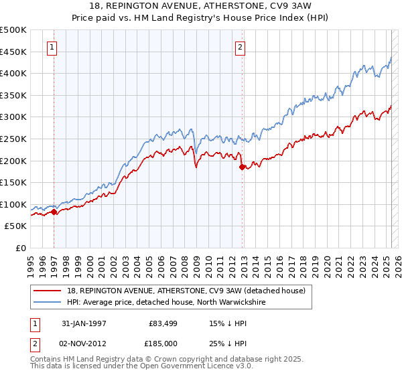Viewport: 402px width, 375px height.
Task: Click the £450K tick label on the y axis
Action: pyautogui.click(x=13, y=52)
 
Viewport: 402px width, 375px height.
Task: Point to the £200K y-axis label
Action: pyautogui.click(x=13, y=161)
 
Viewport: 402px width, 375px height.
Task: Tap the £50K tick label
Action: pyautogui.click(x=16, y=226)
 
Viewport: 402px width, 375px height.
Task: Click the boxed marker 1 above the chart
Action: pyautogui.click(x=52, y=47)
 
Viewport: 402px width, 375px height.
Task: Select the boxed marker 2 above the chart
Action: pyautogui.click(x=240, y=47)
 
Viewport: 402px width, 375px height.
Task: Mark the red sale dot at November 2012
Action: pyautogui.click(x=243, y=167)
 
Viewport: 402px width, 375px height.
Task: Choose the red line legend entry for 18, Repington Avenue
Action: pyautogui.click(x=186, y=291)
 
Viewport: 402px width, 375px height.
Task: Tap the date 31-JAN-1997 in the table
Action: pyautogui.click(x=84, y=323)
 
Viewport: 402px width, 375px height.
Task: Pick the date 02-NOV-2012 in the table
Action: pyautogui.click(x=84, y=343)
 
